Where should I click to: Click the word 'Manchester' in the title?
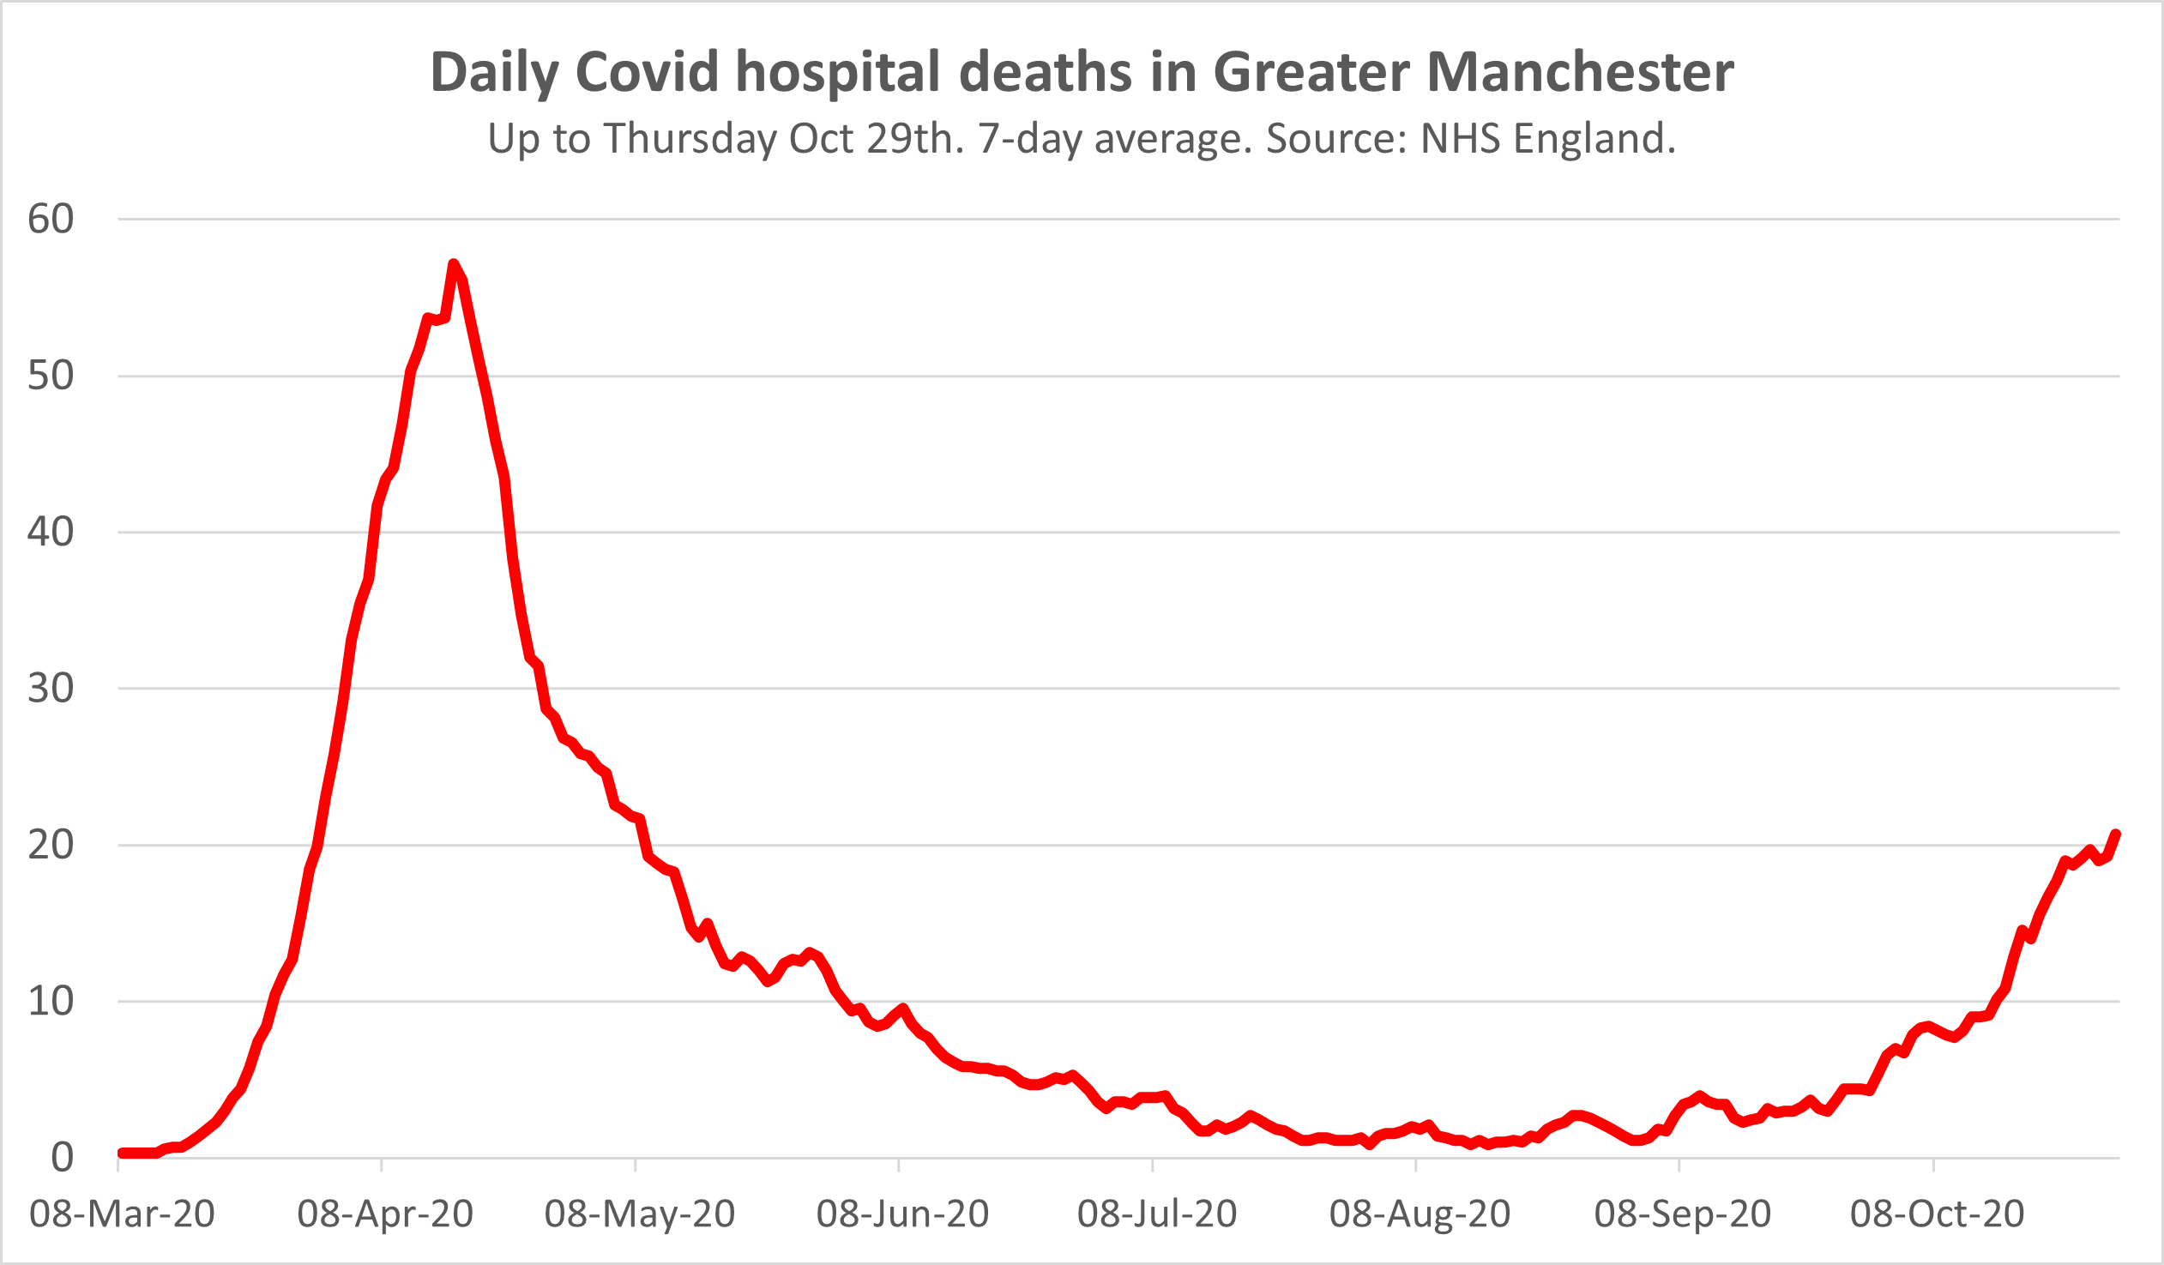pos(1580,72)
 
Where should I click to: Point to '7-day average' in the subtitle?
pos(1114,138)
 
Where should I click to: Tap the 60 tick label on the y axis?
pos(51,219)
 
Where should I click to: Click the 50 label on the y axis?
pos(51,376)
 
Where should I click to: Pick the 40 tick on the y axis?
pos(51,532)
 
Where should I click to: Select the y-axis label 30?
pos(51,688)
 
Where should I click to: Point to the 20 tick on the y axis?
pos(51,845)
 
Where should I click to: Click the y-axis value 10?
pos(51,1002)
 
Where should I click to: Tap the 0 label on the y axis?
pos(62,1158)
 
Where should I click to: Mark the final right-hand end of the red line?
pos(2116,834)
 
